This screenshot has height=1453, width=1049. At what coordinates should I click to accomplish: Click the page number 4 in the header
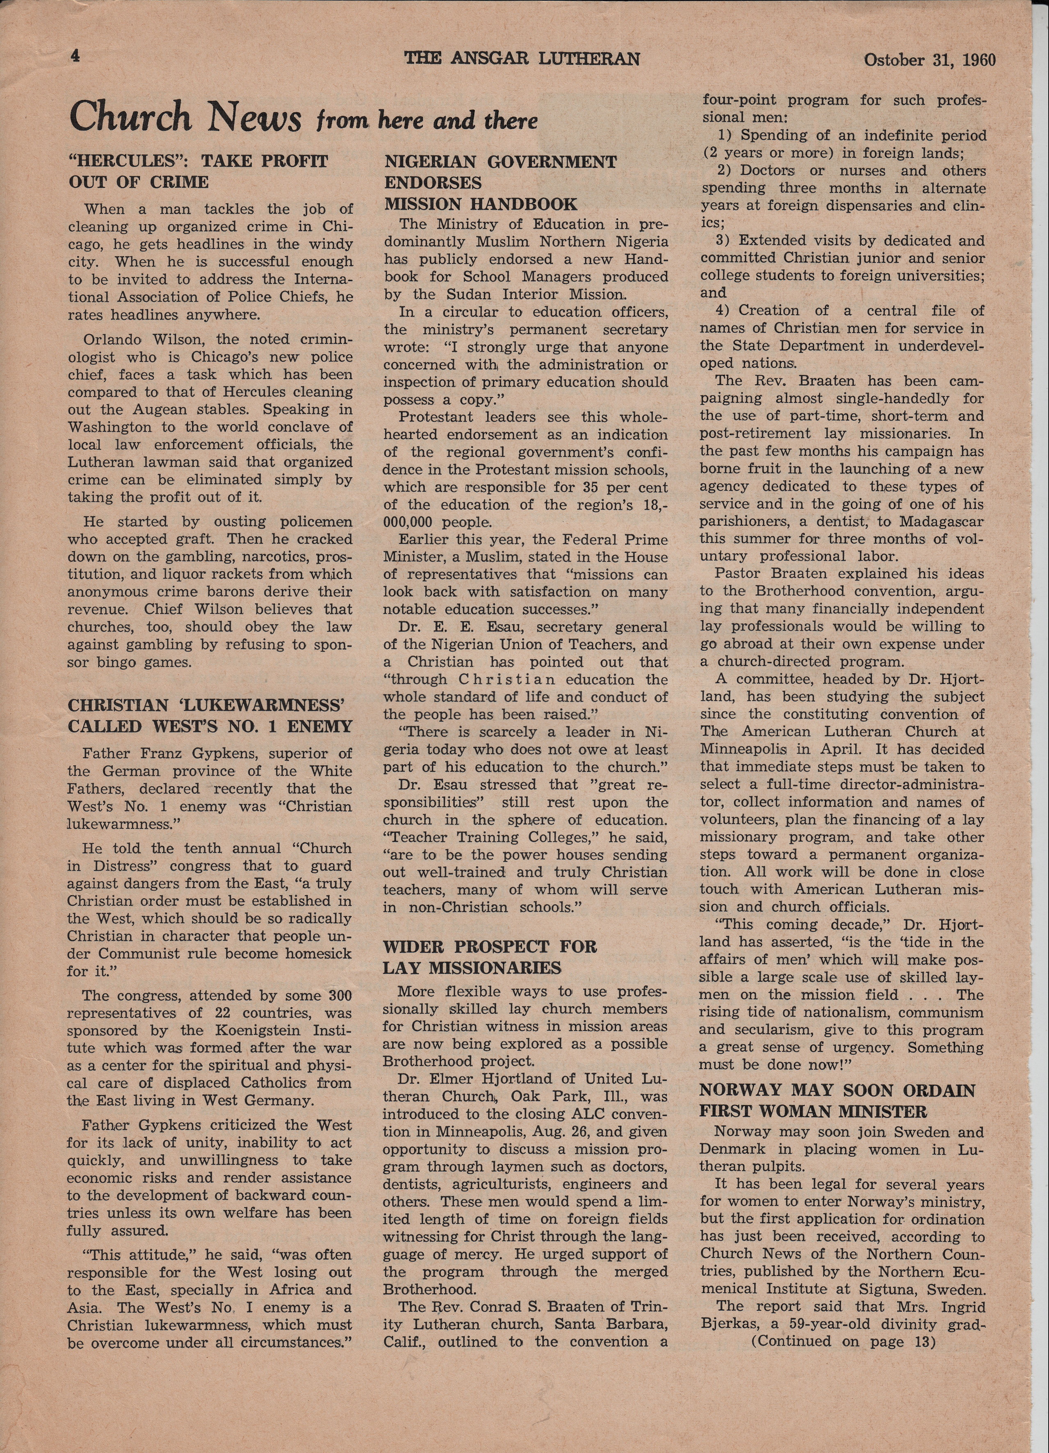(75, 56)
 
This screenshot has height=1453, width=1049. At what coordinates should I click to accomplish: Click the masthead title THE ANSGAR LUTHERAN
(522, 59)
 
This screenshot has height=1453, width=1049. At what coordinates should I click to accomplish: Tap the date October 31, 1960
(930, 60)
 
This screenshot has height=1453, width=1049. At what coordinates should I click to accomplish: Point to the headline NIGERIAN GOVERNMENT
(500, 162)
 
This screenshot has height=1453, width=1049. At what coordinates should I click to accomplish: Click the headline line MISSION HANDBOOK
(481, 204)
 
